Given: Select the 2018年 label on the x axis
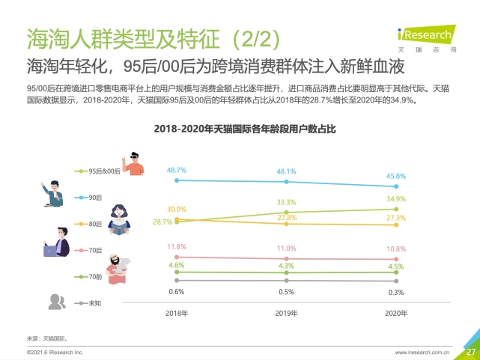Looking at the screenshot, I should [177, 314].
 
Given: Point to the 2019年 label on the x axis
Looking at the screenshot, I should [286, 314].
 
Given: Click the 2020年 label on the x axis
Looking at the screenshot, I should [396, 314].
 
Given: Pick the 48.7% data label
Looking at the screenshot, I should [177, 171].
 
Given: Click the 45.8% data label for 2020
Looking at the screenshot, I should [396, 177].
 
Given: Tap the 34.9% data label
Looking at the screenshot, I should [396, 199].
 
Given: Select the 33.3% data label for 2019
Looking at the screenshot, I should [286, 202].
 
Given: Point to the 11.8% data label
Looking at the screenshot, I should [177, 246].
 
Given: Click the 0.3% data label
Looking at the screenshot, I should [396, 292].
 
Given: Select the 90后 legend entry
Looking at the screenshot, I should [93, 198].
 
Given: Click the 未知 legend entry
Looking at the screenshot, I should [93, 304].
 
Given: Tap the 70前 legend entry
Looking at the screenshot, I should [93, 277].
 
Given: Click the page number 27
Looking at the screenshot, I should [470, 352].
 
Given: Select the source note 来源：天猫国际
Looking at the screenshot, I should [47, 338].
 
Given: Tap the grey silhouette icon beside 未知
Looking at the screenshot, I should [56, 302].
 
